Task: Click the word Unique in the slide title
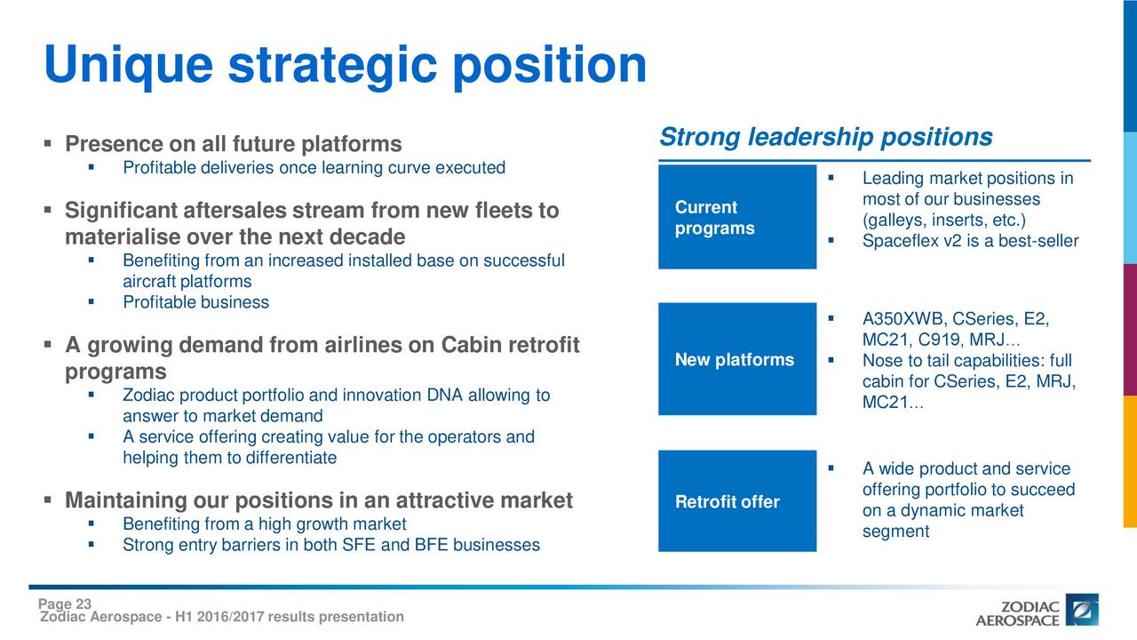point(129,66)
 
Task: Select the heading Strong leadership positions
point(826,137)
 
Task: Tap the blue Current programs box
point(737,217)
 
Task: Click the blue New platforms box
point(737,359)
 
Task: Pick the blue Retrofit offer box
point(737,500)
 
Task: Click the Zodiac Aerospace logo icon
point(1082,610)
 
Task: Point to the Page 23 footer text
point(65,604)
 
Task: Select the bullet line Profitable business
point(196,302)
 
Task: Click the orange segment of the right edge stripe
point(1130,461)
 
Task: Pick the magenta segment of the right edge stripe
point(1130,330)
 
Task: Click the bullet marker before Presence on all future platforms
point(48,144)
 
